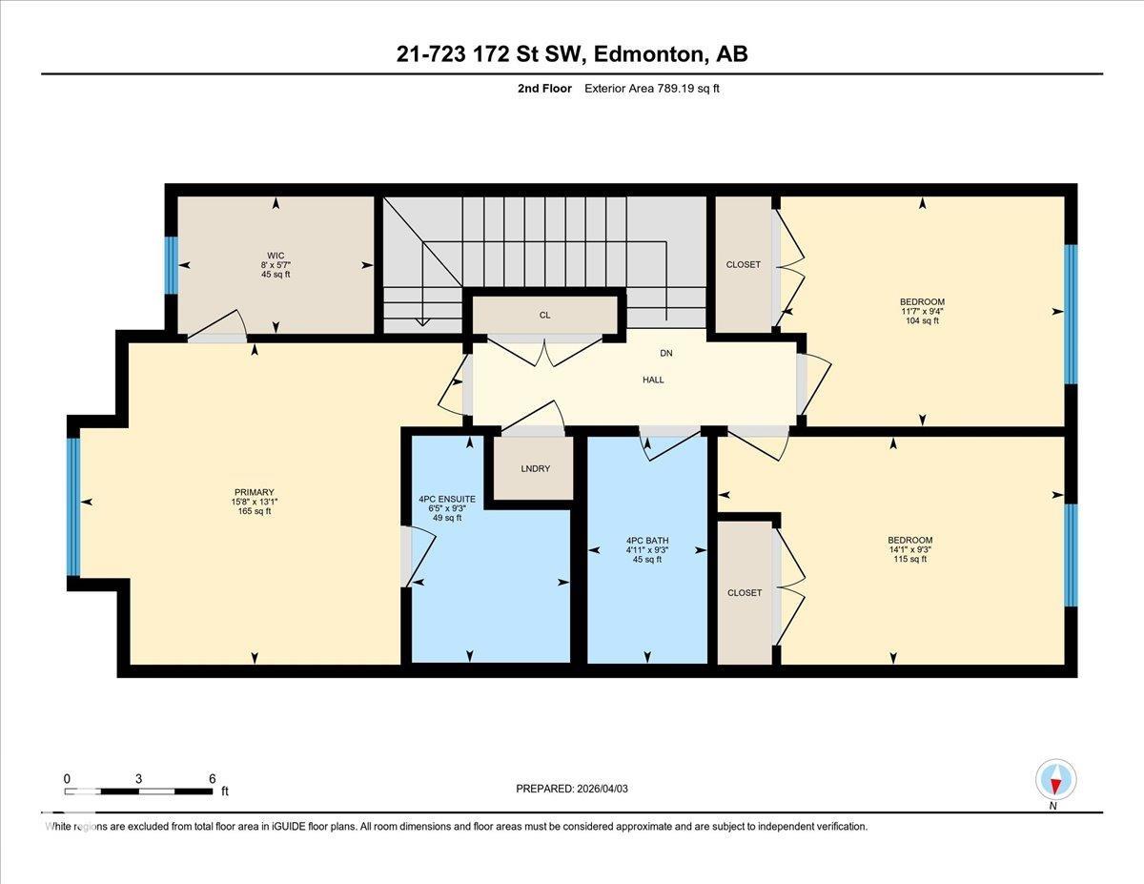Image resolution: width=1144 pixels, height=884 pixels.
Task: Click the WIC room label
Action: pos(276,256)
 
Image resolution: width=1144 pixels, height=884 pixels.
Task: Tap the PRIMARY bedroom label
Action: pos(255,492)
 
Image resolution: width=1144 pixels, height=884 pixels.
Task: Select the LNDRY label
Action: pos(536,468)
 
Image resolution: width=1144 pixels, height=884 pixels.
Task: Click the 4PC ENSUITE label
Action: pos(447,499)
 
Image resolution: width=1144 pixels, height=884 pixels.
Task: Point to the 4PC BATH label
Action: pos(647,541)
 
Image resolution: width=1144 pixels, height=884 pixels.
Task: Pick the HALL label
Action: pos(653,380)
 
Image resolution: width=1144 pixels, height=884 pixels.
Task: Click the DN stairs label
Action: pos(666,353)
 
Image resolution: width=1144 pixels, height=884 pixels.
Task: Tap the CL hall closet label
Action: pos(545,315)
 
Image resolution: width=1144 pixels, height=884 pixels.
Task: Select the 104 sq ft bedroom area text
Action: pos(923,320)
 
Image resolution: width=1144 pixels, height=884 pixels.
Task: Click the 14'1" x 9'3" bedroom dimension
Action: pos(910,549)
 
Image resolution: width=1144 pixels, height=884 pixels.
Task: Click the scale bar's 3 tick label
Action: pos(138,779)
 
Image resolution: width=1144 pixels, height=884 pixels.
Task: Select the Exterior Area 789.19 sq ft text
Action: pos(652,89)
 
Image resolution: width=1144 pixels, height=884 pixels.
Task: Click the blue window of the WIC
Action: pos(171,265)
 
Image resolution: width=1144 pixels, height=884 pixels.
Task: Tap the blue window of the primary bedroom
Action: pos(73,507)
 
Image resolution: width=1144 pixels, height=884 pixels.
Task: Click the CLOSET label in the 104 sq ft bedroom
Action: pos(744,265)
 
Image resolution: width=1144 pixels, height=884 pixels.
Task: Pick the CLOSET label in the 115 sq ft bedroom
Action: pos(745,593)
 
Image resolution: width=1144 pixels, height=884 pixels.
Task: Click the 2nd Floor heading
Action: pos(544,89)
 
